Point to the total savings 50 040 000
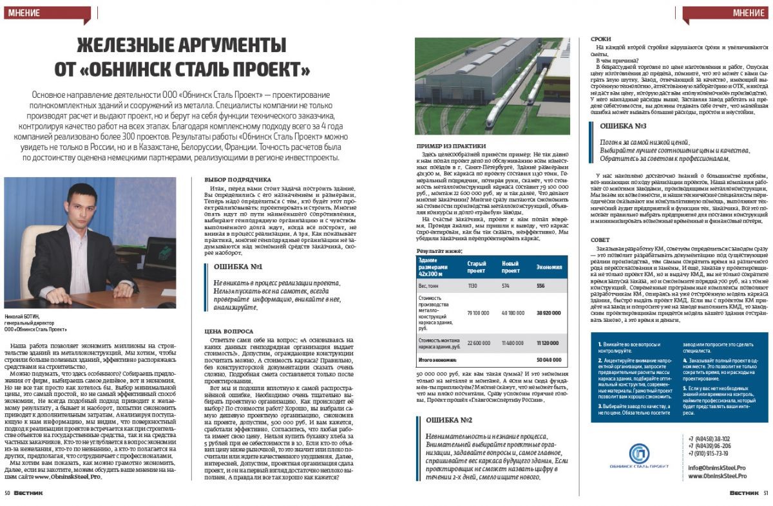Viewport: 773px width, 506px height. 548,359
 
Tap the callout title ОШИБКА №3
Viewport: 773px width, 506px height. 623,126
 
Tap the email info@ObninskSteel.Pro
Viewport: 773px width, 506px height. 716,468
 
